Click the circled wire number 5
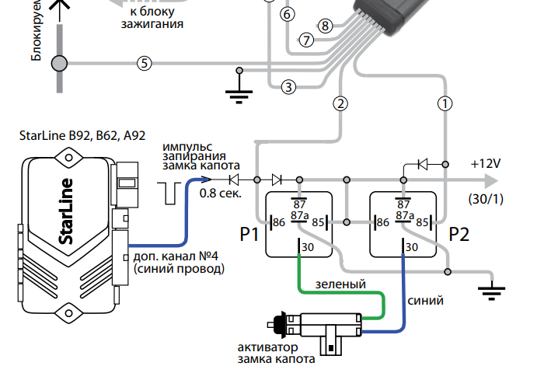tap(143, 63)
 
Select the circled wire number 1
tap(445, 102)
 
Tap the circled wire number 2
tap(340, 102)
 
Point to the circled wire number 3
tap(288, 86)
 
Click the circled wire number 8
tap(325, 26)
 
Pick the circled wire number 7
tap(307, 40)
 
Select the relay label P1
tap(250, 234)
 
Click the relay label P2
tap(460, 234)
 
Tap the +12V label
tap(486, 164)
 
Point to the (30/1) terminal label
tap(486, 199)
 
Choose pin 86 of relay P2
tap(382, 223)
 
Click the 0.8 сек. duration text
tap(220, 193)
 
